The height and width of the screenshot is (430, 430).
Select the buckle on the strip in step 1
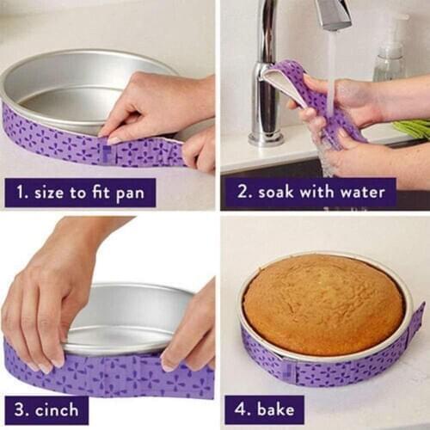[x=107, y=153]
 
